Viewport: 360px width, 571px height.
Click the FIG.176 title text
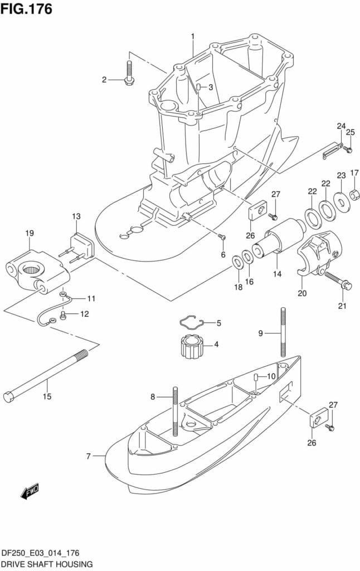[26, 9]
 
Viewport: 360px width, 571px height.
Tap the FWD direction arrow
[30, 492]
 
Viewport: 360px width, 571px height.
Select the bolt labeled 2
[129, 73]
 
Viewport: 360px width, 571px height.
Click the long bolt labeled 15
[46, 376]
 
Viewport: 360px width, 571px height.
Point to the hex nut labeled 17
[354, 195]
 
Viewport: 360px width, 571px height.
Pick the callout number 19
[30, 233]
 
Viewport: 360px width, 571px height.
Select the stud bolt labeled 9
[283, 331]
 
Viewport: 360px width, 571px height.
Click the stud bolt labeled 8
[176, 411]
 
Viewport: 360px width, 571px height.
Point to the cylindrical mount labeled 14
[280, 239]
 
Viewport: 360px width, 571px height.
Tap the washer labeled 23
[342, 201]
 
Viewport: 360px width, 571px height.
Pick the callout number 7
[89, 456]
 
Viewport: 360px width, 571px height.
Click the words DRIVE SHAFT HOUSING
[47, 564]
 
